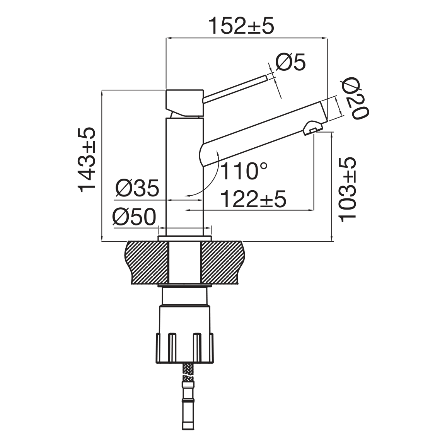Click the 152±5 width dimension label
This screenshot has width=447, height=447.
(x=241, y=26)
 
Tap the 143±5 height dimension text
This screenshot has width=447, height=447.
(x=87, y=160)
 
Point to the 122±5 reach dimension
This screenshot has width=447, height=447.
(x=253, y=199)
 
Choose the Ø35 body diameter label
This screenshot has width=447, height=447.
(x=137, y=188)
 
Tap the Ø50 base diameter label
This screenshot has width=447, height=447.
(x=134, y=217)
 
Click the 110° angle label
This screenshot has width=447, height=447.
(x=244, y=171)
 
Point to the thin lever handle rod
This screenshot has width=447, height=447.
(x=235, y=89)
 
